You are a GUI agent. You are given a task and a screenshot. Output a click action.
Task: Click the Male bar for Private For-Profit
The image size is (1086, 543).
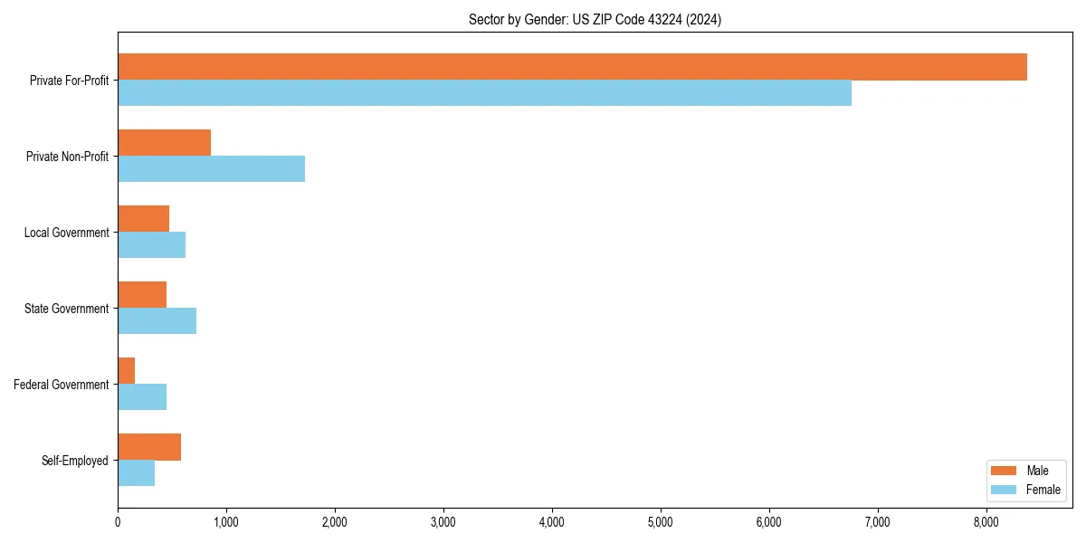point(572,67)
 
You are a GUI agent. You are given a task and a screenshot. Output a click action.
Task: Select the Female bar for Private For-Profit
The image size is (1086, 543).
point(484,93)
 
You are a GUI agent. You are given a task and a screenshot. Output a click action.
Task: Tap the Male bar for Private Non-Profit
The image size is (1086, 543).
point(164,143)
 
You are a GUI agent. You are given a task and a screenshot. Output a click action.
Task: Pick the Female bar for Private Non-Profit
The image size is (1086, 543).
point(211,169)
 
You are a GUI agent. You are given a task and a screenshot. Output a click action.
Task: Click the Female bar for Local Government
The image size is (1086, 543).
point(151,245)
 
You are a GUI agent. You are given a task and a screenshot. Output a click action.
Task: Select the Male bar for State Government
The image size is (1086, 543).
point(142,295)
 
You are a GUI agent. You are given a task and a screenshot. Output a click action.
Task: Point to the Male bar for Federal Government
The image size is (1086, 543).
point(127,371)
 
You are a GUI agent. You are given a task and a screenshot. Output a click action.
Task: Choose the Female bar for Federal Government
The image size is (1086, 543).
point(142,397)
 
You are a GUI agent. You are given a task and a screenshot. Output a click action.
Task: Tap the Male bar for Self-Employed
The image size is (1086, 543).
point(149,447)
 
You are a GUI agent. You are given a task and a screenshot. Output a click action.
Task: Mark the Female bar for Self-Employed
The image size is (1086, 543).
point(136,473)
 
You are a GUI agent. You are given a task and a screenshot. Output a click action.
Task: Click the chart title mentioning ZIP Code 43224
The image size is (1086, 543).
point(595,19)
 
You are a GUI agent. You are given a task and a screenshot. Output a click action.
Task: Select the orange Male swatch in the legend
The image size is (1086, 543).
point(1005,471)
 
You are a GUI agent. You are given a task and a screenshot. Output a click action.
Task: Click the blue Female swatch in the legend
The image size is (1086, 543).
point(1005,490)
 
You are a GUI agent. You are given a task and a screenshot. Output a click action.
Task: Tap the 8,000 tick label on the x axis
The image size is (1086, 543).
point(986,522)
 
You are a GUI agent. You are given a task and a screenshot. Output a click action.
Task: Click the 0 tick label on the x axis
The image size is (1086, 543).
point(118,522)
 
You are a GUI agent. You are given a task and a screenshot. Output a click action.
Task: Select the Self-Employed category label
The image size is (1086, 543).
point(75,461)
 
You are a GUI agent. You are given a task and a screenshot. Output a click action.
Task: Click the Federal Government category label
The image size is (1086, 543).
point(62,385)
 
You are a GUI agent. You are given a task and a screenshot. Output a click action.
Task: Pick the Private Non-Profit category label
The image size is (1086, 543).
point(67,157)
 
